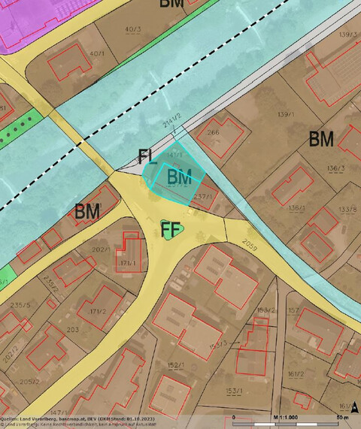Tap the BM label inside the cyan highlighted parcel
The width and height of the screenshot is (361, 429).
pyautogui.click(x=179, y=177)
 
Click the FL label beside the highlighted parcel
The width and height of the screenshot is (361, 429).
pyautogui.click(x=147, y=157)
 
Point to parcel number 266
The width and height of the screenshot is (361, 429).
pyautogui.click(x=213, y=133)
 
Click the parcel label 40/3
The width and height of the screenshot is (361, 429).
pyautogui.click(x=134, y=30)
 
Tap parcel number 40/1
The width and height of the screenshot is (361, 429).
pyautogui.click(x=97, y=53)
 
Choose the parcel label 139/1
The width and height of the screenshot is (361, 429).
pyautogui.click(x=285, y=114)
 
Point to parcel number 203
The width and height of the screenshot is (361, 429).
pyautogui.click(x=73, y=329)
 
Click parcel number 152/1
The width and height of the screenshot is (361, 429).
pyautogui.click(x=176, y=365)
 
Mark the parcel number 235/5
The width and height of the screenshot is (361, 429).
pyautogui.click(x=21, y=305)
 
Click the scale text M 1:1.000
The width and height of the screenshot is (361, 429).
pyautogui.click(x=287, y=417)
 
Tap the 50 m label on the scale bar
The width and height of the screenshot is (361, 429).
pyautogui.click(x=341, y=417)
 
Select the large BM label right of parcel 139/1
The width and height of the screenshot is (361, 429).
pyautogui.click(x=322, y=139)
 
